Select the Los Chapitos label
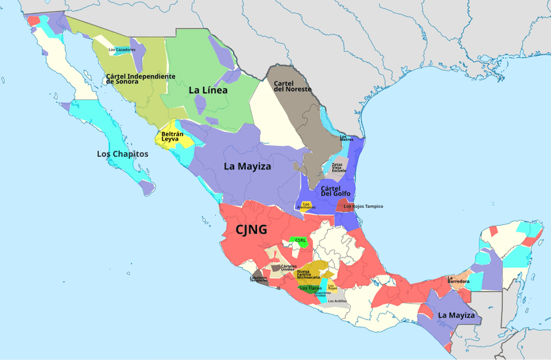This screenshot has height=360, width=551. [123, 153]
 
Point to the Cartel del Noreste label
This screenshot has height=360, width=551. [293, 86]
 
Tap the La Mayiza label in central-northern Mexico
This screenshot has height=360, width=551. [247, 167]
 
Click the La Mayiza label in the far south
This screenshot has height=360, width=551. [456, 315]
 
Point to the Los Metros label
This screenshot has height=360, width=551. [346, 138]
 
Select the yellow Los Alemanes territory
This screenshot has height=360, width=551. [307, 205]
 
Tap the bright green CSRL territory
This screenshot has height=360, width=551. [299, 241]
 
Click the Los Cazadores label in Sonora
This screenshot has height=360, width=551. [122, 50]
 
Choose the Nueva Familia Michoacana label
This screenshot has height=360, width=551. [308, 274]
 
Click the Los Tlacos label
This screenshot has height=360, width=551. [311, 288]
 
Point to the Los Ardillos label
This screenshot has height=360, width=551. [337, 301]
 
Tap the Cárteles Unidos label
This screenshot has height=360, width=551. [289, 267]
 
